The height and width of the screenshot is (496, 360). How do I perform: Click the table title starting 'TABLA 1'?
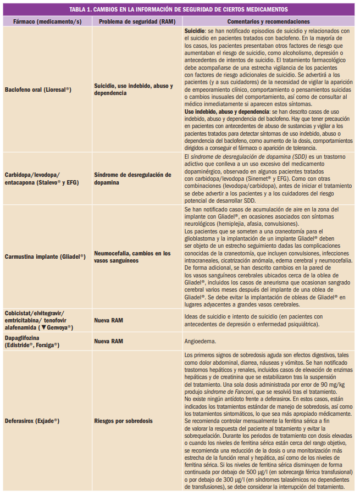[179, 10]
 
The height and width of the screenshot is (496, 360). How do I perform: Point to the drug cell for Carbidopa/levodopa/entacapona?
[38, 179]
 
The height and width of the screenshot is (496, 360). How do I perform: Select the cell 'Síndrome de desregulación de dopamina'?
[132, 179]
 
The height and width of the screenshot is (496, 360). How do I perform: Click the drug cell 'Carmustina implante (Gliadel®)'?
[45, 256]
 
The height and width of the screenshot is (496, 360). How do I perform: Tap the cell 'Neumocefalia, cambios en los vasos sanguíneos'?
[132, 256]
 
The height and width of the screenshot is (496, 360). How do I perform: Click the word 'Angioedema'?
[201, 341]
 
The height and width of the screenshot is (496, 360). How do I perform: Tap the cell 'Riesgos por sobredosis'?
[124, 421]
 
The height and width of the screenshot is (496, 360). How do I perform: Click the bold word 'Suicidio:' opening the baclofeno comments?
[195, 32]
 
